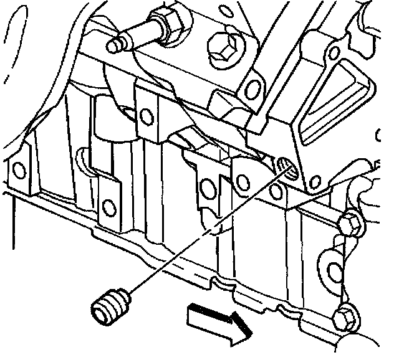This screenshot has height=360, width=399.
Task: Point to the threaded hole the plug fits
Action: click(286, 166)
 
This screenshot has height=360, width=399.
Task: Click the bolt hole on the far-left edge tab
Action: click(19, 169)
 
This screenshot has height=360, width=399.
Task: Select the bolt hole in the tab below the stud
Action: click(147, 115)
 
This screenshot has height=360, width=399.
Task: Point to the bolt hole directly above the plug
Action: click(108, 206)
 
